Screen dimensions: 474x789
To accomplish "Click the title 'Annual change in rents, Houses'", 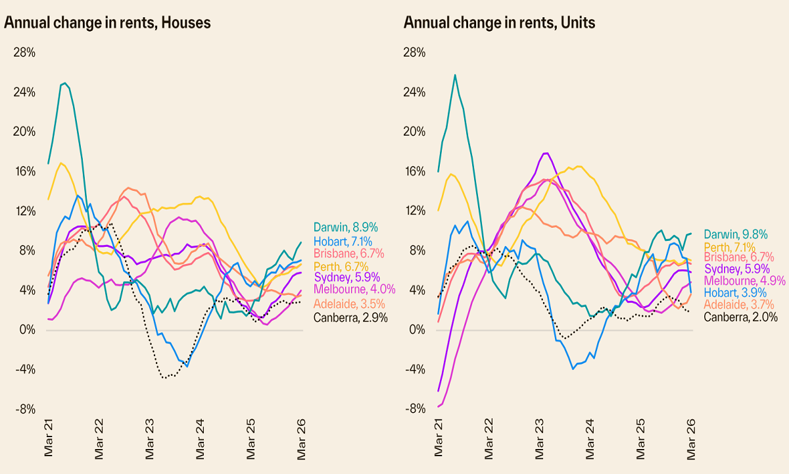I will tap(107, 23).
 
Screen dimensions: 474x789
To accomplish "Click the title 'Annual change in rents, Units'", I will tap(499, 23).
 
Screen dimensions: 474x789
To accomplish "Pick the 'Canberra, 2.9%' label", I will tap(350, 317).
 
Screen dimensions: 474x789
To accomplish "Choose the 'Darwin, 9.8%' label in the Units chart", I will tap(736, 234).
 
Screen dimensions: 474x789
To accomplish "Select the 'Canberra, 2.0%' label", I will tap(740, 317).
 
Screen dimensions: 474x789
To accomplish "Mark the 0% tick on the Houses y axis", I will tap(27, 329).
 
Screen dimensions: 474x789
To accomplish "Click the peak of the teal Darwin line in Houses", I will tap(64, 83).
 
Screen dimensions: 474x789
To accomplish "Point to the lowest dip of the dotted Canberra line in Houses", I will tap(164, 378).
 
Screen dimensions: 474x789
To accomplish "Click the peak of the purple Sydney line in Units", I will tap(545, 153).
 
